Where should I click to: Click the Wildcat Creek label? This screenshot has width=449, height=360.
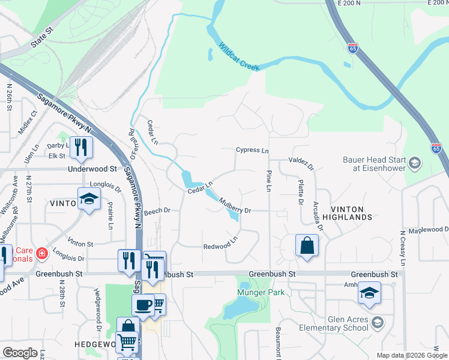tap(239, 57)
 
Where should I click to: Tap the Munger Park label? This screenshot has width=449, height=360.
tap(259, 293)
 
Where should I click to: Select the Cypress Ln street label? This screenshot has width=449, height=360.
tap(252, 150)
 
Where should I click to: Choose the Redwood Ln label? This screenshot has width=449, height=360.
tap(221, 247)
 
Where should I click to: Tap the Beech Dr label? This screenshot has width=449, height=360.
tap(158, 211)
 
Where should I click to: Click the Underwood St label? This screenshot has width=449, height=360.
tap(92, 169)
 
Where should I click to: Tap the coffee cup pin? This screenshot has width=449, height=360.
tap(143, 304)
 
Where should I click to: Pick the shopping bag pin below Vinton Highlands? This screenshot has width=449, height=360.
tap(307, 245)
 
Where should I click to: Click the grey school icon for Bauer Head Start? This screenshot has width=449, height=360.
tap(414, 163)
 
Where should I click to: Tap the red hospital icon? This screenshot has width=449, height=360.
tap(41, 253)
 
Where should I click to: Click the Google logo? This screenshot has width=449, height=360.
tap(20, 353)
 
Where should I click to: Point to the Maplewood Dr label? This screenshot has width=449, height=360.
tap(429, 230)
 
